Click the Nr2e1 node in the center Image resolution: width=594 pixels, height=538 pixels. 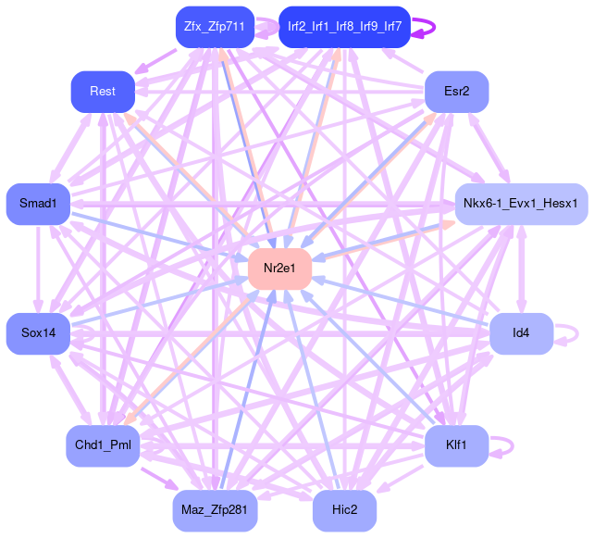279,269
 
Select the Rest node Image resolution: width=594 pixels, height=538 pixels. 103,91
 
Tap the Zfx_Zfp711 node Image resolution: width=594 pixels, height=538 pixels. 214,26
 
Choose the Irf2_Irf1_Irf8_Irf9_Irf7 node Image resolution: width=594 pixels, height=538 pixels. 344,26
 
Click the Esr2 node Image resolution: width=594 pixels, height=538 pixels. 456,91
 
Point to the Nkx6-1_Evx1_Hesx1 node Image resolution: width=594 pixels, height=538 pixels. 521,203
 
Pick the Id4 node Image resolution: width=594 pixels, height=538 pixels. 521,332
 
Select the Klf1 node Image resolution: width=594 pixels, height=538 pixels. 456,445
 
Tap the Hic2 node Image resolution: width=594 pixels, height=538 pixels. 344,510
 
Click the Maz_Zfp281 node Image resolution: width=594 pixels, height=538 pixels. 215,510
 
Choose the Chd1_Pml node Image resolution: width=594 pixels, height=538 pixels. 103,445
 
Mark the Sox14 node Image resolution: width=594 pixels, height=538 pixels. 38,332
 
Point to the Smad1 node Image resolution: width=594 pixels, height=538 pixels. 38,203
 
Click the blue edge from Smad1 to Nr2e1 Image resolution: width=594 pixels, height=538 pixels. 157,234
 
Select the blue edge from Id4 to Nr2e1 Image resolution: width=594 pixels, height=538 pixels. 407,303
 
